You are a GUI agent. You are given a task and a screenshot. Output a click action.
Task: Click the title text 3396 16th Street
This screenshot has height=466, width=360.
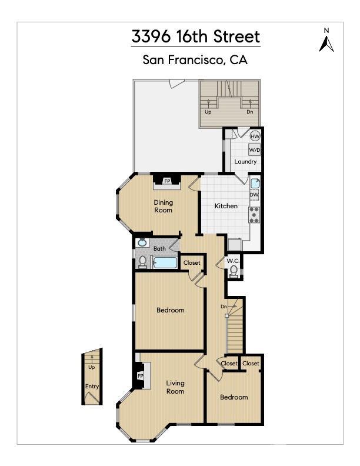(x=195, y=36)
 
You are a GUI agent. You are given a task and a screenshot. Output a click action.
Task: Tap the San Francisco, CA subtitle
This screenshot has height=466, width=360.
(x=195, y=59)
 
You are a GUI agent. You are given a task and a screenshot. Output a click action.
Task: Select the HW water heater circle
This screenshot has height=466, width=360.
(x=255, y=137)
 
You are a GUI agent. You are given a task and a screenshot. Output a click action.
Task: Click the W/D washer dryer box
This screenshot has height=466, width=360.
(x=254, y=150)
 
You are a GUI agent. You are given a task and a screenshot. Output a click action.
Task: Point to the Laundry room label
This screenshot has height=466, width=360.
(x=245, y=162)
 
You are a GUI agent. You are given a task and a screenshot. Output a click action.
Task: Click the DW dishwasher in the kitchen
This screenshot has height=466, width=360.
(x=254, y=195)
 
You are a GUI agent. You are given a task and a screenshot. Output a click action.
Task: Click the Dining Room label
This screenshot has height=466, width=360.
(x=164, y=206)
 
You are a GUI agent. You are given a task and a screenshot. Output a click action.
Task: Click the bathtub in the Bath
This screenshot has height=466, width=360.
(x=165, y=262)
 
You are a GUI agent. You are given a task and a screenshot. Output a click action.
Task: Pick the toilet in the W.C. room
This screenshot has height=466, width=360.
(x=234, y=271)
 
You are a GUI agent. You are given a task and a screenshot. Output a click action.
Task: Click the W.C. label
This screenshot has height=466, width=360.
(x=232, y=261)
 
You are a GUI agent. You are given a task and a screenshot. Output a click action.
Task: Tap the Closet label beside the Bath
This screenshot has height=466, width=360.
(x=192, y=262)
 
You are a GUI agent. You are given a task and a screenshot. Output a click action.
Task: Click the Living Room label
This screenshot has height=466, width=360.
(x=175, y=387)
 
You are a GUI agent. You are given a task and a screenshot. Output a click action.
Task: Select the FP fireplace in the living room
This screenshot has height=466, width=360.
(x=141, y=375)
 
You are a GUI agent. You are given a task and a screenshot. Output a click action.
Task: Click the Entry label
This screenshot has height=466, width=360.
(x=92, y=387)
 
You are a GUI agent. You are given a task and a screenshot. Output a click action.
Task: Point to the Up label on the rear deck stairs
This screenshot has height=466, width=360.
(x=208, y=111)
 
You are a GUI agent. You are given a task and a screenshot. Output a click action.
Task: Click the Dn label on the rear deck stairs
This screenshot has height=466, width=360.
(x=250, y=111)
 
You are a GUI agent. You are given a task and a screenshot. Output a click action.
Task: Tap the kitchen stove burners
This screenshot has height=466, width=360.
(x=255, y=215)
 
